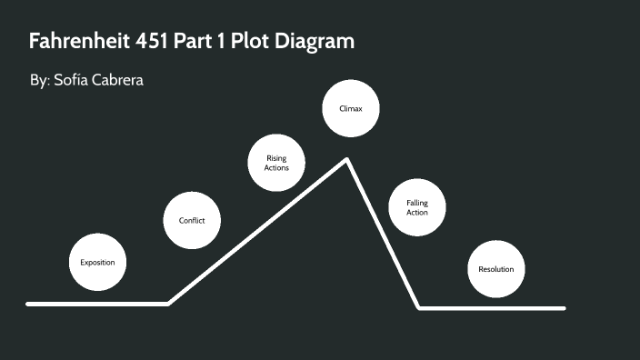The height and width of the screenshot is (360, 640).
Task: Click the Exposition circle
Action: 98,263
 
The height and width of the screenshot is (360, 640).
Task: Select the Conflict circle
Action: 192,220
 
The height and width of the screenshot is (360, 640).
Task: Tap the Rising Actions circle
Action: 276,164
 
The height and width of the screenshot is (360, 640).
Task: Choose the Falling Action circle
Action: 417,207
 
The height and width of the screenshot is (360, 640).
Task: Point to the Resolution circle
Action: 496,269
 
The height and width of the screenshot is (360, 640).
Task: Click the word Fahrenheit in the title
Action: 84,43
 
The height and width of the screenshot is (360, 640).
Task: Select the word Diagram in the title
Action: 315,43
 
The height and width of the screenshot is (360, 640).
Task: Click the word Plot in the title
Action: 255,43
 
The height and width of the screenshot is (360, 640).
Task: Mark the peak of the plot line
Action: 346,160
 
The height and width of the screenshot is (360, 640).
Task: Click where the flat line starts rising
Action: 169,304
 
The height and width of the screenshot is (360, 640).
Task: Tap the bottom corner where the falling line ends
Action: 419,307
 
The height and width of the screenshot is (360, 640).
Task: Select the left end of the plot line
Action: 28,304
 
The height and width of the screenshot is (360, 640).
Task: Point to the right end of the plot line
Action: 564,308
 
